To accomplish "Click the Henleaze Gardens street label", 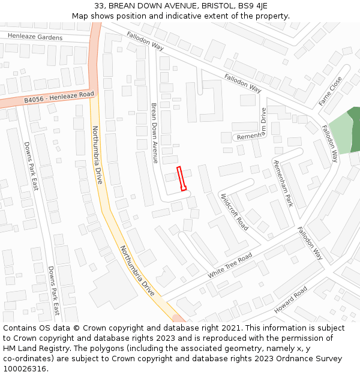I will tap(35, 37).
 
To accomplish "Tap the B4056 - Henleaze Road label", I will tap(59, 97).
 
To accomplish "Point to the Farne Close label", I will tap(330, 91).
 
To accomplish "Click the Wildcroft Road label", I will tap(234, 212).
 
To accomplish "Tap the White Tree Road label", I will tap(230, 265).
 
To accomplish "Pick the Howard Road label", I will tap(291, 299).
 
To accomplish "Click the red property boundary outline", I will tap(181, 178).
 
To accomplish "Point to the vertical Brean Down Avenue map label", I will tap(154, 133).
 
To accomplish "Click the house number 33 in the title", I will tap(100, 5).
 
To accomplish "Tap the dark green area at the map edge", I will tap(354, 129).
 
